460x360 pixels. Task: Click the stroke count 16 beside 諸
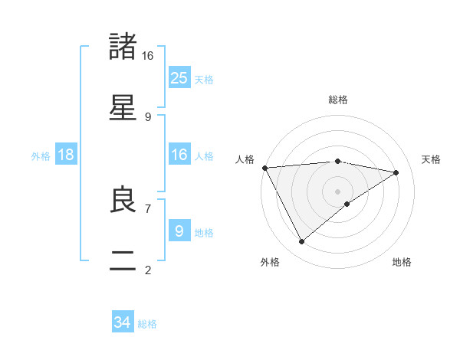pyautogui.click(x=147, y=55)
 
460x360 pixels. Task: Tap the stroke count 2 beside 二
pyautogui.click(x=147, y=270)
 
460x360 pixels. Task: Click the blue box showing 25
pyautogui.click(x=179, y=77)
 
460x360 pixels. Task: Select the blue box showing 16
pyautogui.click(x=179, y=155)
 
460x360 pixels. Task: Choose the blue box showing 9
pyautogui.click(x=179, y=231)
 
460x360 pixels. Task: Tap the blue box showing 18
pyautogui.click(x=66, y=155)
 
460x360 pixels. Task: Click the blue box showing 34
pyautogui.click(x=123, y=322)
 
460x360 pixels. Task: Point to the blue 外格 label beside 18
pyautogui.click(x=41, y=155)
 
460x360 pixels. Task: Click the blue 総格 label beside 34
pyautogui.click(x=147, y=324)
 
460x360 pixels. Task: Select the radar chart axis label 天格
pyautogui.click(x=432, y=159)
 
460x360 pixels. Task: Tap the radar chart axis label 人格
pyautogui.click(x=244, y=159)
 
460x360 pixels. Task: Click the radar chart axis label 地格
pyautogui.click(x=402, y=262)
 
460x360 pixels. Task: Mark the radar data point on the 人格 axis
pyautogui.click(x=264, y=167)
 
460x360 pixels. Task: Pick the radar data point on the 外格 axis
pyautogui.click(x=301, y=242)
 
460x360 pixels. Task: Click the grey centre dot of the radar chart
pyautogui.click(x=337, y=191)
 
